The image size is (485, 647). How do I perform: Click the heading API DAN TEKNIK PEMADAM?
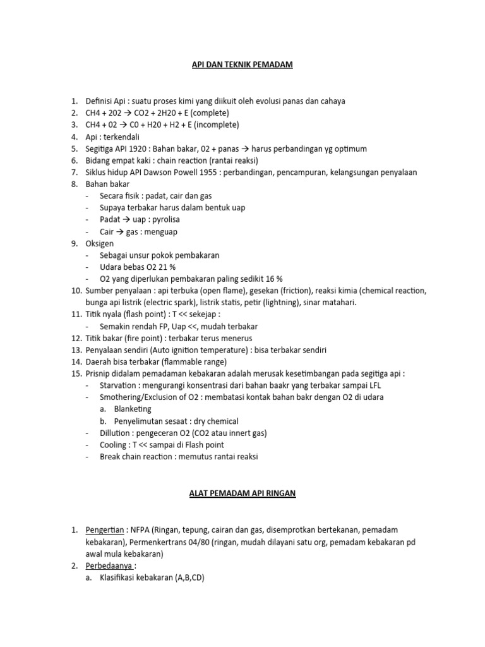242,64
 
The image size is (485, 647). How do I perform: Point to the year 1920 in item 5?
147,148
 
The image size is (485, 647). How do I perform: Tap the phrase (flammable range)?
197,362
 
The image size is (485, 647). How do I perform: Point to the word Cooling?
113,445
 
